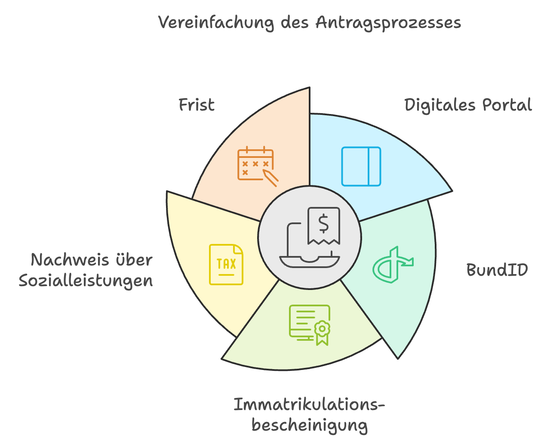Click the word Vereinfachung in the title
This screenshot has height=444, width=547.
coord(216,23)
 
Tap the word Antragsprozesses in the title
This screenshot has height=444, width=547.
coord(388,23)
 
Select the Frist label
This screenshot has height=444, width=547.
coord(197,105)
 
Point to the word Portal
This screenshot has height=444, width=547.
coord(507,105)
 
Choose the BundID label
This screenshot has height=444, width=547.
coord(497,270)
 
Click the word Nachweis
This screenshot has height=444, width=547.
coord(70,260)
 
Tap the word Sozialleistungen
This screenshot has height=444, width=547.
coord(86,281)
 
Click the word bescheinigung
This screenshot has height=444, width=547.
coord(310,425)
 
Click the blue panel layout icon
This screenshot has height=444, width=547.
coord(361,166)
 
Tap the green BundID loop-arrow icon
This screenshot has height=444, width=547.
coord(393,265)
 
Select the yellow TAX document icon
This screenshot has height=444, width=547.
coord(226,265)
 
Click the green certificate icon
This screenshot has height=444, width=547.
coord(310,325)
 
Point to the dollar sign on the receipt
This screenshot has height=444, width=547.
coord(323,223)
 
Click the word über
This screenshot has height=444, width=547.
coord(134,260)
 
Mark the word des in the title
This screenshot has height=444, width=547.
coord(295,23)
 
